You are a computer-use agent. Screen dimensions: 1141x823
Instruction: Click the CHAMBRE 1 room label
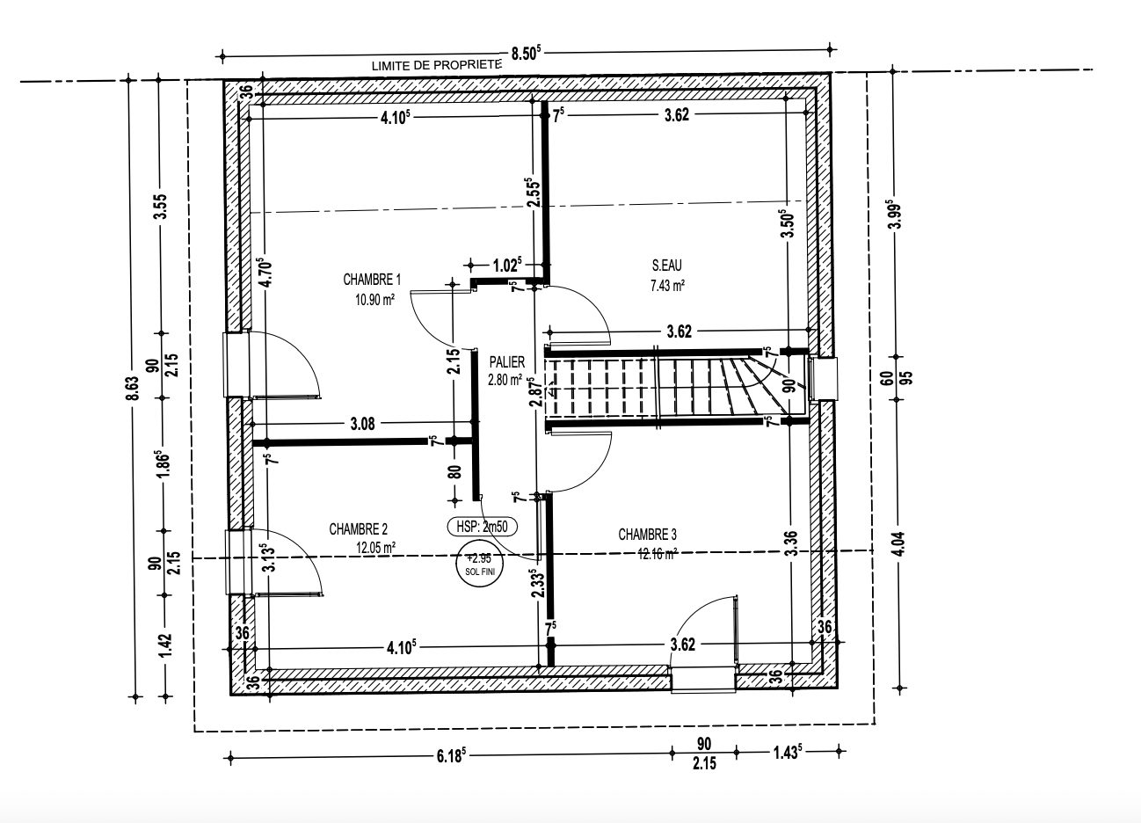pos(372,280)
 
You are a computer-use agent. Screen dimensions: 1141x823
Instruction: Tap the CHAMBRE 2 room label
pos(359,529)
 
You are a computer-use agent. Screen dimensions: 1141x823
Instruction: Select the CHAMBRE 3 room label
pos(647,534)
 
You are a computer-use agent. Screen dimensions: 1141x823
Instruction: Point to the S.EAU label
pos(667,265)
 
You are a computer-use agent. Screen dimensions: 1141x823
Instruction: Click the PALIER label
pos(507,361)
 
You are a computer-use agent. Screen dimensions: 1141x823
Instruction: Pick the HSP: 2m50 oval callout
pos(482,527)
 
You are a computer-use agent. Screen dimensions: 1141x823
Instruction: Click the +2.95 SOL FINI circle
pos(480,564)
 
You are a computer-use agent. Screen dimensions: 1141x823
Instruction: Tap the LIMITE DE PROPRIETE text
pos(437,65)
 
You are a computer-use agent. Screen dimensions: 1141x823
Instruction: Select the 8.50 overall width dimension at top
pos(526,53)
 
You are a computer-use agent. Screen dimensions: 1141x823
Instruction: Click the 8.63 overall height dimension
pos(133,389)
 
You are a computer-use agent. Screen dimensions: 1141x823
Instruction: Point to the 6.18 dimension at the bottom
pos(451,755)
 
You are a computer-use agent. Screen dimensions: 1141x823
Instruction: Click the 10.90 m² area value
pos(374,299)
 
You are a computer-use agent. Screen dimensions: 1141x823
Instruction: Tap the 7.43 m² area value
pos(667,286)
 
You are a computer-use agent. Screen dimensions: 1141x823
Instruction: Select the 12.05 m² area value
pos(376,548)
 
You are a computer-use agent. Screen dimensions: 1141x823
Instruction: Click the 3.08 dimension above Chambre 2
pos(363,424)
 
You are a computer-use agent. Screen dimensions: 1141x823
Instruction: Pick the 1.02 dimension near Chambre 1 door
pos(507,265)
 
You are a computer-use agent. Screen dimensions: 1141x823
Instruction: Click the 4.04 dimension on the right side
pos(899,543)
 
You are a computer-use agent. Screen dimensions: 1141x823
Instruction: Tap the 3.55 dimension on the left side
pos(161,207)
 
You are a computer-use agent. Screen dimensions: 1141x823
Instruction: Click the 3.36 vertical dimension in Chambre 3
pos(792,543)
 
